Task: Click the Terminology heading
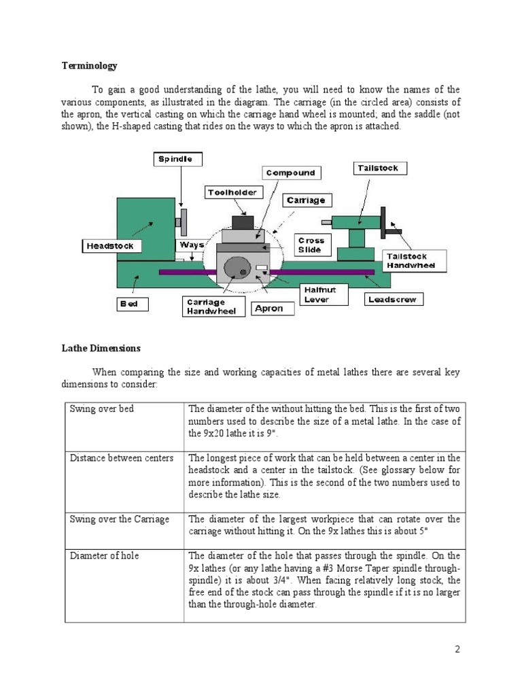pyautogui.click(x=90, y=66)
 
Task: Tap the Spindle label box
pyautogui.click(x=175, y=159)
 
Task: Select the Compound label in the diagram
pyautogui.click(x=290, y=173)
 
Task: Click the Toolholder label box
pyautogui.click(x=232, y=192)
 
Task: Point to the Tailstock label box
pyautogui.click(x=380, y=168)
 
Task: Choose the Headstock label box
pyautogui.click(x=109, y=245)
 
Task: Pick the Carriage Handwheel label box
pyautogui.click(x=211, y=307)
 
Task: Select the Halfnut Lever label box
pyautogui.click(x=316, y=295)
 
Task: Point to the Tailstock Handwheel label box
pyautogui.click(x=415, y=260)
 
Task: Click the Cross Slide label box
pyautogui.click(x=311, y=245)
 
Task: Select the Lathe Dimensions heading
pyautogui.click(x=101, y=348)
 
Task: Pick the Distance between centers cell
pyautogui.click(x=122, y=457)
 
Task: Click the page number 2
pyautogui.click(x=457, y=649)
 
